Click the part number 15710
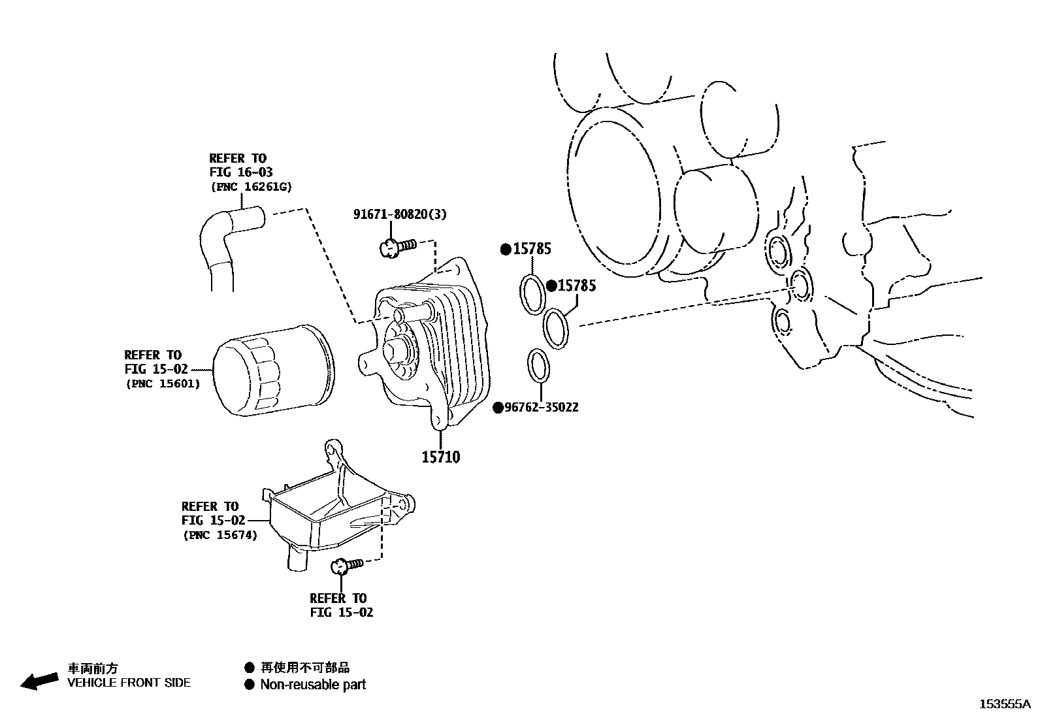(x=440, y=457)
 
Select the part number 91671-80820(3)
(x=400, y=214)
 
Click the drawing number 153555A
(x=1004, y=704)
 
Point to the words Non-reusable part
(x=313, y=685)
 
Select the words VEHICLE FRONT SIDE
(x=129, y=683)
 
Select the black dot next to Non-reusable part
(x=249, y=685)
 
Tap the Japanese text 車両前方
(x=93, y=668)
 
